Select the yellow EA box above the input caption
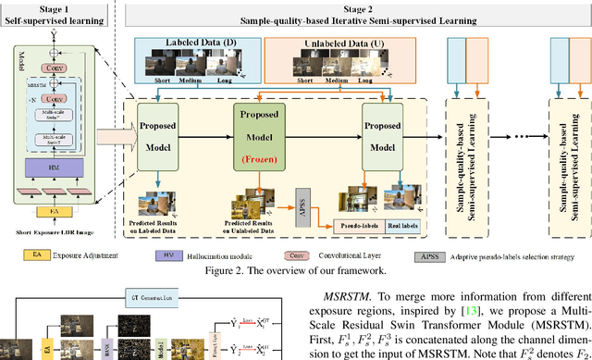point(57,210)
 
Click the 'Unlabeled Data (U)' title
point(324,44)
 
